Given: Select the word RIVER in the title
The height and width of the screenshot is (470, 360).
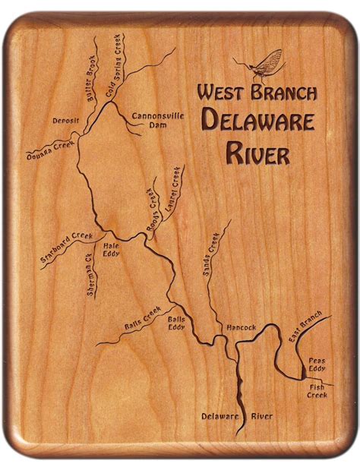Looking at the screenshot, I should coord(257,153).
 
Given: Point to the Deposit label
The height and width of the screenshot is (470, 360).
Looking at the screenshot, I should coord(66,121).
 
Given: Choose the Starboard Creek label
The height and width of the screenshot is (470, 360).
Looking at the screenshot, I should coord(67,249).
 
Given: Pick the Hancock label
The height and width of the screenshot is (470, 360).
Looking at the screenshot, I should coord(242,327).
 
